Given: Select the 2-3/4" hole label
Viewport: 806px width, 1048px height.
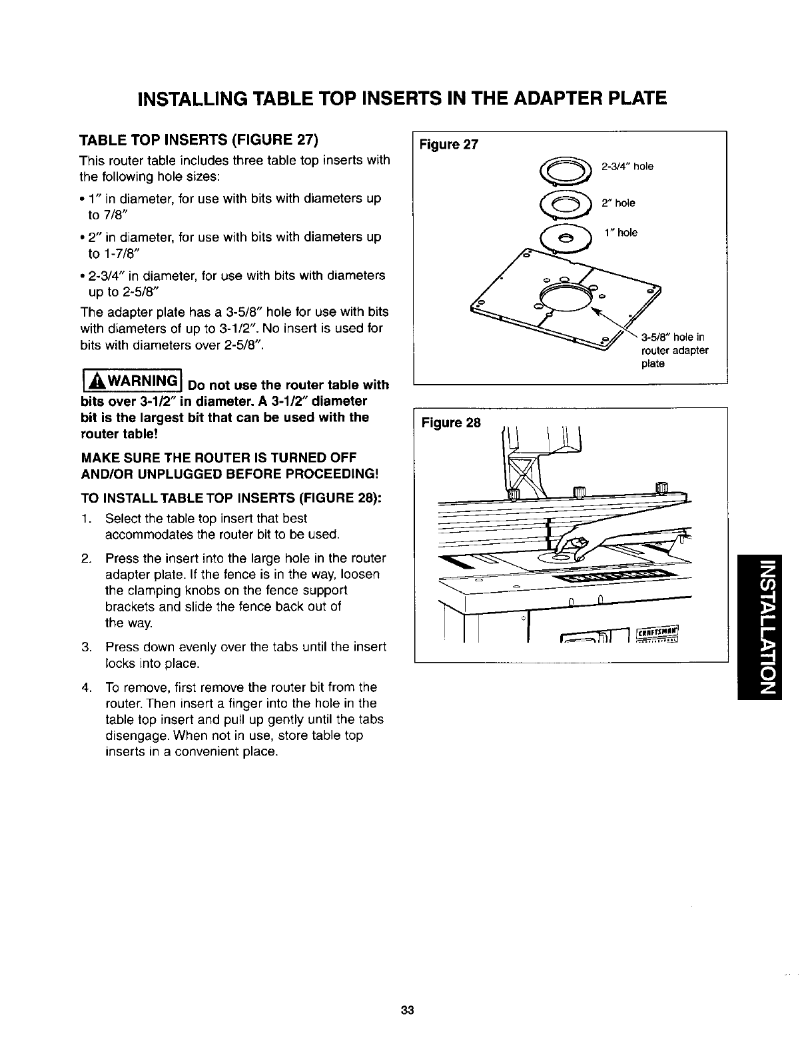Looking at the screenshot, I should (x=627, y=167).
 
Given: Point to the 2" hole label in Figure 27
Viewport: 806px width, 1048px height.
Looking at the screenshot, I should (x=619, y=203).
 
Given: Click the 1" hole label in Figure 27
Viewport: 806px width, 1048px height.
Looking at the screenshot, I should (x=621, y=233).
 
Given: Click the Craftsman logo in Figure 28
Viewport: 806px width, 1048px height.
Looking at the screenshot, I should (x=657, y=636).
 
